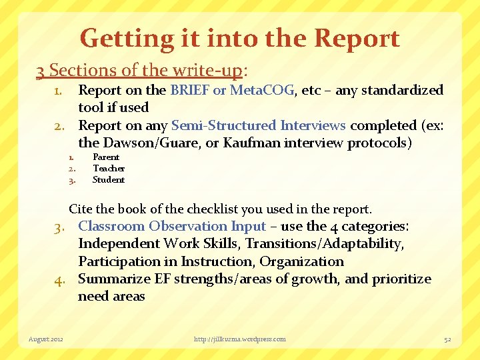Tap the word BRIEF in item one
[190, 90]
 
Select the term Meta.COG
[262, 90]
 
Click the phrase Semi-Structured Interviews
[259, 125]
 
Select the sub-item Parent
[106, 157]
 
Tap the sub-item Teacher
[109, 169]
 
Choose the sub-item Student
[109, 179]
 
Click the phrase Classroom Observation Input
[172, 227]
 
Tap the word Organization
[301, 261]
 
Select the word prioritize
[397, 279]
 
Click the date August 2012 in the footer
[46, 339]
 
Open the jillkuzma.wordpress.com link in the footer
[240, 339]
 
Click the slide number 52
[448, 339]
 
